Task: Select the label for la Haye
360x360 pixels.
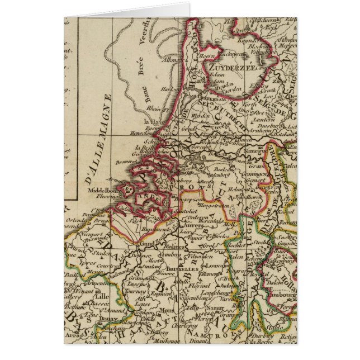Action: pyautogui.click(x=153, y=122)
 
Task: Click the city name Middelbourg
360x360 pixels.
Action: pyautogui.click(x=103, y=190)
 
